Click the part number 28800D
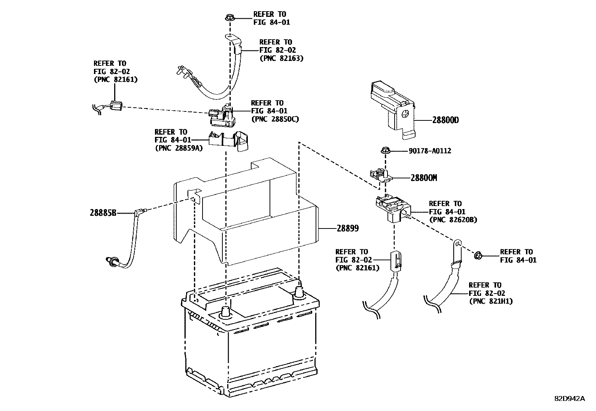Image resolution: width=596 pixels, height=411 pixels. coord(445,120)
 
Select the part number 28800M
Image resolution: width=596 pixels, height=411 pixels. coord(423,178)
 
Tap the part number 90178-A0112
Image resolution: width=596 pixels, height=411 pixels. coord(429,151)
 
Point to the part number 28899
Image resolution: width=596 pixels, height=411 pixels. coord(347,228)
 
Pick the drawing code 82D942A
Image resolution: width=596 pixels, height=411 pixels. coord(569,398)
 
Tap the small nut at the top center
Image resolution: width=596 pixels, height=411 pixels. coord(229,18)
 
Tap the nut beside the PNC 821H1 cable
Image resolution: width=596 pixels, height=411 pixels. coord(478,256)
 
